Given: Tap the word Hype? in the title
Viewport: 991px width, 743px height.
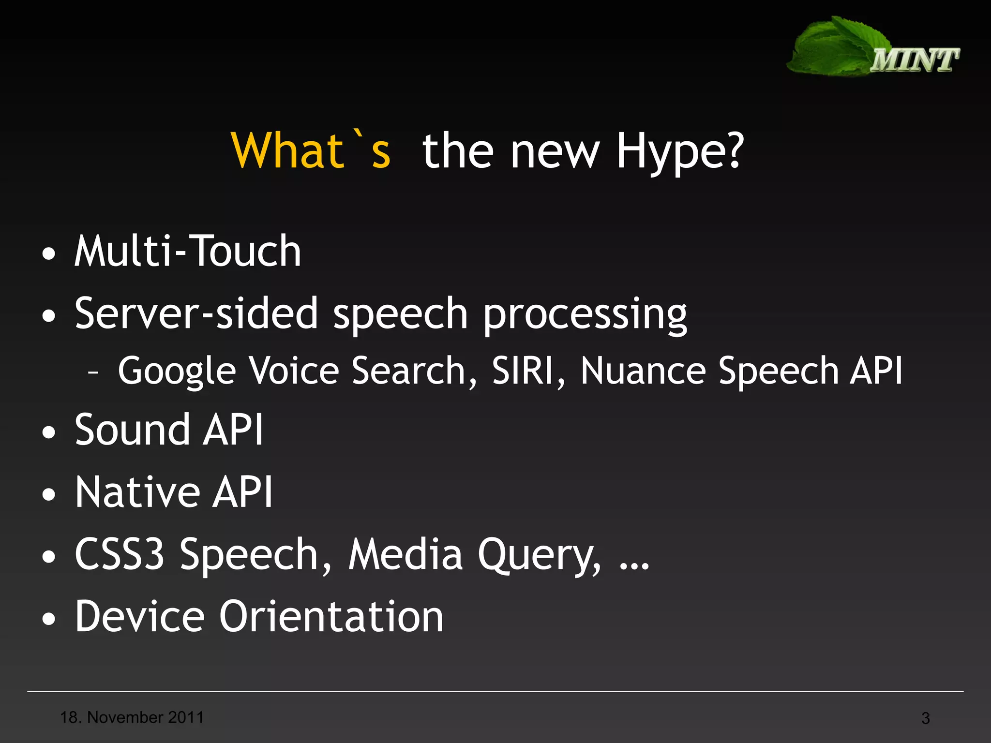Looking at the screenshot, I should (x=679, y=152).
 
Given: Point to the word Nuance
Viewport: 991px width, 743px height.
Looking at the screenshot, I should (x=643, y=371).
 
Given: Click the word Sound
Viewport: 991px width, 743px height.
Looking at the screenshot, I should (x=132, y=430).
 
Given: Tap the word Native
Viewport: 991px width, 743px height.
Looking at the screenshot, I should (x=137, y=492).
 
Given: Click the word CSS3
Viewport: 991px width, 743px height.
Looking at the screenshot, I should (x=120, y=554).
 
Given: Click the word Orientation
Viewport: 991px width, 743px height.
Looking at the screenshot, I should (x=331, y=616).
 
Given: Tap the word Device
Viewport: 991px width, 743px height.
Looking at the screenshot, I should (x=140, y=616).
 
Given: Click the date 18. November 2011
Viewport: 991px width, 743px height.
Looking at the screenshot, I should (x=132, y=717).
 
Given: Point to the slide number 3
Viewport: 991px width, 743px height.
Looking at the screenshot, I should (x=925, y=718).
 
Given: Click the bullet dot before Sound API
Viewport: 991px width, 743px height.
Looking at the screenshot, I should (x=48, y=432).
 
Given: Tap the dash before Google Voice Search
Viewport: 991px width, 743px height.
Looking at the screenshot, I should (x=93, y=372).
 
